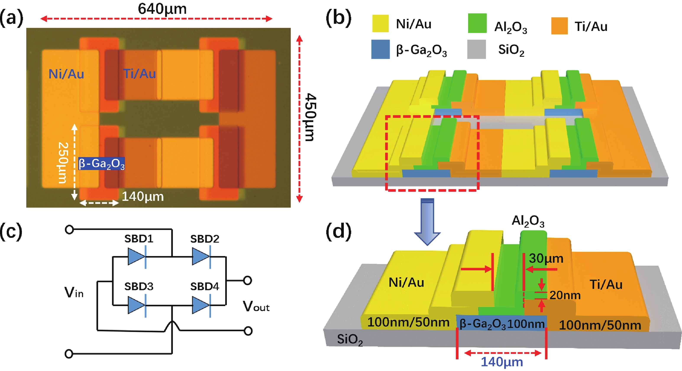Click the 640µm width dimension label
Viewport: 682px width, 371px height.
(162, 9)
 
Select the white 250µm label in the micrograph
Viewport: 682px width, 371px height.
(63, 163)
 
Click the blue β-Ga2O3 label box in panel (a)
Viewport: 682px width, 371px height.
(101, 164)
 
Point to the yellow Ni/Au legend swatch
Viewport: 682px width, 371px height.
(380, 24)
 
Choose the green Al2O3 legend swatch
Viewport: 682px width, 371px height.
(477, 23)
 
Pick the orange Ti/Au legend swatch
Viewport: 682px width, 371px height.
(559, 26)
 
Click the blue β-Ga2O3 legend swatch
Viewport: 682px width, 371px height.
(380, 49)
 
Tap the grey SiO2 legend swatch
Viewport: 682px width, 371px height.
(476, 49)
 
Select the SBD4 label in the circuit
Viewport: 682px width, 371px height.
(205, 286)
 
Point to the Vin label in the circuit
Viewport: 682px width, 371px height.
(74, 293)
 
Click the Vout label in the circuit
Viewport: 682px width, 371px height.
(256, 307)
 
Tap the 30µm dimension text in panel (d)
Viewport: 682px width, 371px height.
(546, 258)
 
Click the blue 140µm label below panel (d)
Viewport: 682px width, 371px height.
(502, 362)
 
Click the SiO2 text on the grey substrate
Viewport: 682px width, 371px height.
(350, 339)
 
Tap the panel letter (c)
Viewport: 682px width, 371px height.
(11, 231)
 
